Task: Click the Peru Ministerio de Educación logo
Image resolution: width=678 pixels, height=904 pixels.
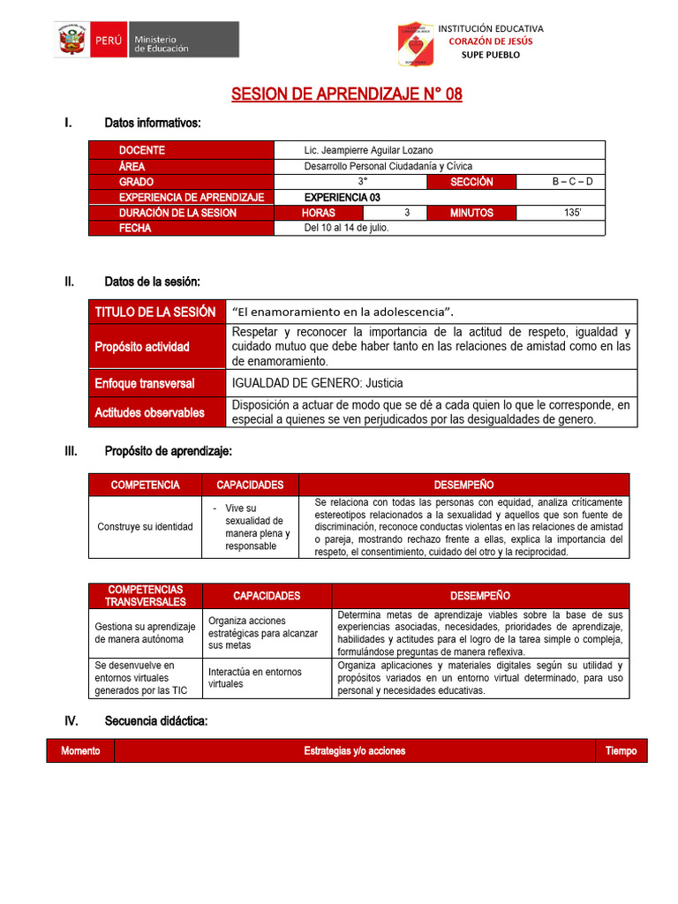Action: coord(146,40)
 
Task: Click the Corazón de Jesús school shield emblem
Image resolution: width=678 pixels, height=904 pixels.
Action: coord(413,44)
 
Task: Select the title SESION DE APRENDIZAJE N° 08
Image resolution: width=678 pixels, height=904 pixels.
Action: coord(346,94)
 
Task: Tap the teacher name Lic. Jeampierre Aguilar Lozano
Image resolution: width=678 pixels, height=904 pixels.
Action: coord(368,150)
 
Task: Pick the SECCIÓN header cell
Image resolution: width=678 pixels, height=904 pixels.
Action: coord(471,182)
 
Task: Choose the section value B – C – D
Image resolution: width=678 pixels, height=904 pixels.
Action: coord(572,182)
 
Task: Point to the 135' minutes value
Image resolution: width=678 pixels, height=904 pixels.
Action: coord(572,213)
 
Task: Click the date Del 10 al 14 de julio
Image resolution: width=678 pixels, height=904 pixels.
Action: coord(346,228)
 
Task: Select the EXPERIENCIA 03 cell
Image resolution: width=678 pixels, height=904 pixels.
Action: coord(342,197)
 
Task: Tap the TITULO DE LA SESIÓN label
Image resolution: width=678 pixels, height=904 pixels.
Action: coord(155,312)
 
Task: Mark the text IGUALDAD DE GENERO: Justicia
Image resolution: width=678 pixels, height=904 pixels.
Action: coord(317,383)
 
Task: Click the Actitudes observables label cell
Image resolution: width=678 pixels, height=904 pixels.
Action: coord(149,412)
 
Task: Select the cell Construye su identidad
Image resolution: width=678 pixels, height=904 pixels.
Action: coord(145,526)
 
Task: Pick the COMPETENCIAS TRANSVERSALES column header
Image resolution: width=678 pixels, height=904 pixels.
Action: coord(145,595)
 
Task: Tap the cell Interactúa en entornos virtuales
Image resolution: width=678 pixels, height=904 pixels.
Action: coord(266,677)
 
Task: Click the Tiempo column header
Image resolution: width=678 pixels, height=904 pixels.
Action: coord(621,750)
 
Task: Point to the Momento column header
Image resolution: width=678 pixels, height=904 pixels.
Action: coord(80,750)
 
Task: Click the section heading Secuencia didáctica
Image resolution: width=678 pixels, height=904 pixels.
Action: coord(155,721)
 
